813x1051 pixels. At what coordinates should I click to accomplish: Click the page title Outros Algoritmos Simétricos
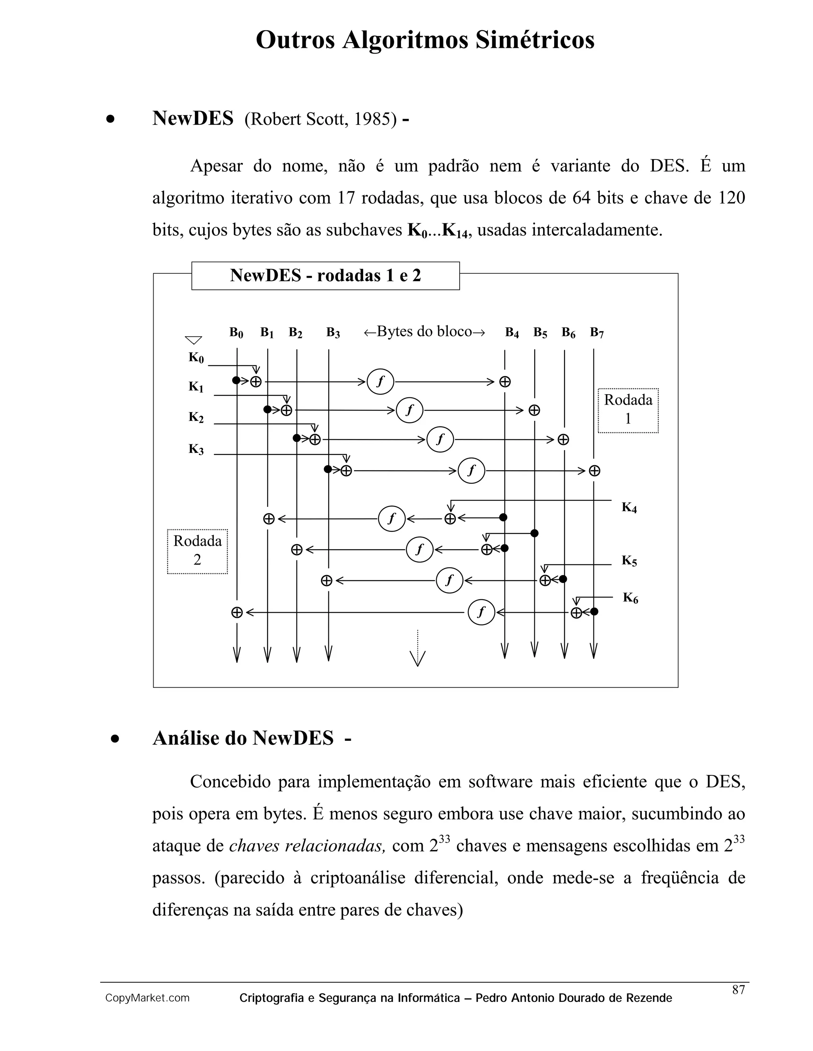pyautogui.click(x=425, y=40)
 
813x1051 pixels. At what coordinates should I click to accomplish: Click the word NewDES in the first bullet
pyautogui.click(x=193, y=118)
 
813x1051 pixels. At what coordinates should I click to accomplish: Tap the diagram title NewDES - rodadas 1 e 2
pyautogui.click(x=325, y=276)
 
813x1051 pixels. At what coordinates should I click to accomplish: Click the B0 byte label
pyautogui.click(x=236, y=332)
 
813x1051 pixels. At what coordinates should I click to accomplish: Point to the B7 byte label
pyautogui.click(x=597, y=332)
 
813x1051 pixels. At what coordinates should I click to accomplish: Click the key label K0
pyautogui.click(x=196, y=358)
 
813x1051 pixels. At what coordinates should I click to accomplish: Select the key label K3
pyautogui.click(x=196, y=449)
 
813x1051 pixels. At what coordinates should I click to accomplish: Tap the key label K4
pyautogui.click(x=629, y=507)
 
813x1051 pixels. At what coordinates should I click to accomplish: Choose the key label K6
pyautogui.click(x=630, y=598)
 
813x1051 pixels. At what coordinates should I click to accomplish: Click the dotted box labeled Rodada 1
pyautogui.click(x=628, y=410)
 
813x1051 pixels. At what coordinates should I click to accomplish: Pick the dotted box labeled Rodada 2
pyautogui.click(x=197, y=551)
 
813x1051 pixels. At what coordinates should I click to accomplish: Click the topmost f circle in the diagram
pyautogui.click(x=380, y=382)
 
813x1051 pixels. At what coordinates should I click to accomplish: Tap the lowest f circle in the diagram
pyautogui.click(x=481, y=612)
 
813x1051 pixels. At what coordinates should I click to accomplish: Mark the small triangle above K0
pyautogui.click(x=193, y=340)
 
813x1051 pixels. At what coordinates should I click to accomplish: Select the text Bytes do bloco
pyautogui.click(x=424, y=332)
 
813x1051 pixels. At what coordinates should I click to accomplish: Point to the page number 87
pyautogui.click(x=738, y=990)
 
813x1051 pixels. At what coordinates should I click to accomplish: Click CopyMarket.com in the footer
pyautogui.click(x=147, y=998)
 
